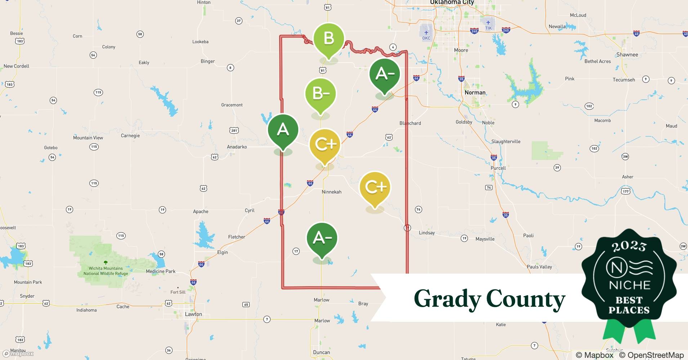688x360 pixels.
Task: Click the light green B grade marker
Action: tap(329, 39)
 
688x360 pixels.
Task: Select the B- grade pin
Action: tap(320, 94)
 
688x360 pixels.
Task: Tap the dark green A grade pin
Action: tap(283, 130)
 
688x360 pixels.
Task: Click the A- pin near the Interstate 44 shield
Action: tap(385, 74)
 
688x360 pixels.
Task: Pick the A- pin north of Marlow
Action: tap(322, 238)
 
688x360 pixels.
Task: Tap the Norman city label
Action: tap(475, 93)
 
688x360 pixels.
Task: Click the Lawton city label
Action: tap(193, 314)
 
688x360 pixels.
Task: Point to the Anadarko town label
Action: tap(237, 147)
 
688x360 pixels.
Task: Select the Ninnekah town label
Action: tap(331, 192)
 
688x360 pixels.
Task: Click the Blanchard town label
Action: tap(410, 123)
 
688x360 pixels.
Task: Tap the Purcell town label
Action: tap(498, 168)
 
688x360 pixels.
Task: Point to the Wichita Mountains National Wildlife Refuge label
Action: tap(106, 271)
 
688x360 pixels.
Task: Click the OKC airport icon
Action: tap(426, 33)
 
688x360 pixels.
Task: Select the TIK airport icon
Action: tap(488, 23)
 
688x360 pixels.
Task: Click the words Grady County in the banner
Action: tap(489, 299)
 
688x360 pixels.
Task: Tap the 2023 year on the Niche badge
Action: tap(629, 246)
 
